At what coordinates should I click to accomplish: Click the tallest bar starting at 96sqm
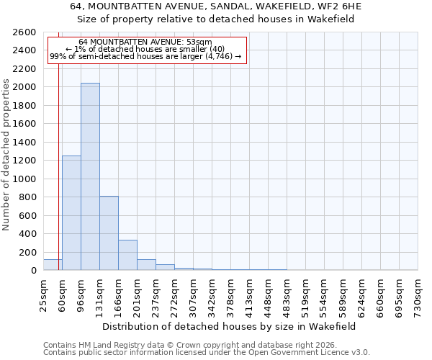pyautogui.click(x=90, y=176)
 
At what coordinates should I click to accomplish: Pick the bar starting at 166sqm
pyautogui.click(x=127, y=255)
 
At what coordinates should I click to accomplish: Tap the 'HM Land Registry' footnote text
pyautogui.click(x=110, y=345)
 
